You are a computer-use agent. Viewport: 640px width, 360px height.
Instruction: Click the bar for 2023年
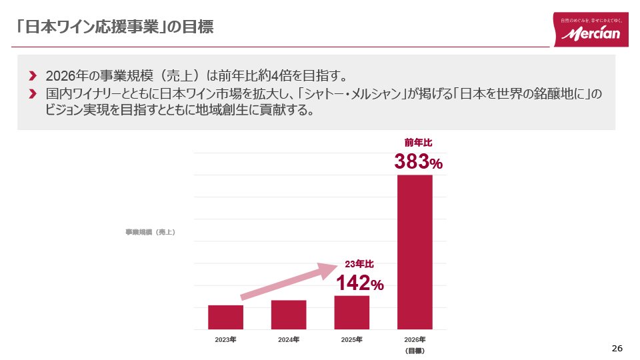pyautogui.click(x=225, y=317)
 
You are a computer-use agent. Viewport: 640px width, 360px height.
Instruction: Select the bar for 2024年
pyautogui.click(x=289, y=315)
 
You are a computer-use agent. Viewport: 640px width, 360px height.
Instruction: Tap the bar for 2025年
pyautogui.click(x=351, y=313)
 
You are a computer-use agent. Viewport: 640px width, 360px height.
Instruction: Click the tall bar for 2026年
pyautogui.click(x=415, y=252)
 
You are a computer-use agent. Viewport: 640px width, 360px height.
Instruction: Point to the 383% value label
pyautogui.click(x=418, y=162)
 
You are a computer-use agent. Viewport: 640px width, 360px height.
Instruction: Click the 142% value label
pyautogui.click(x=359, y=283)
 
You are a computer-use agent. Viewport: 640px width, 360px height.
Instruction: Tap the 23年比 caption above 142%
pyautogui.click(x=359, y=264)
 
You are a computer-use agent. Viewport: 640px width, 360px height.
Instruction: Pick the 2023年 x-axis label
pyautogui.click(x=225, y=340)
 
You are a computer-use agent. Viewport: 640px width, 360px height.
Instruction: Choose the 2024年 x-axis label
pyautogui.click(x=289, y=340)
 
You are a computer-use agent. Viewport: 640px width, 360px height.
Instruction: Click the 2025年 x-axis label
pyautogui.click(x=351, y=340)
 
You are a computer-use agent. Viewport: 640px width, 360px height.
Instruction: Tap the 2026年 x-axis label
pyautogui.click(x=415, y=340)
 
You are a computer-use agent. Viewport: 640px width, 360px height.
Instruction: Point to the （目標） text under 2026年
pyautogui.click(x=415, y=351)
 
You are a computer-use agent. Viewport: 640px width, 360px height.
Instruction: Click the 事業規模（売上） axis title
pyautogui.click(x=150, y=232)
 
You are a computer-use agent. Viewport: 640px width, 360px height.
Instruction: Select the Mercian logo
pyautogui.click(x=591, y=30)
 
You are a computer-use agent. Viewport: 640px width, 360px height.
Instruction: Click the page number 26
pyautogui.click(x=617, y=349)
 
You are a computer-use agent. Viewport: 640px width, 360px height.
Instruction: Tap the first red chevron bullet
pyautogui.click(x=33, y=74)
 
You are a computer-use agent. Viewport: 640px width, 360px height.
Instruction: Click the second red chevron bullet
pyautogui.click(x=33, y=94)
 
